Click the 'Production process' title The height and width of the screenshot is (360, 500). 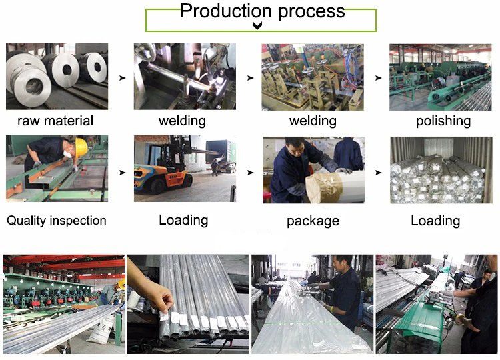(263, 11)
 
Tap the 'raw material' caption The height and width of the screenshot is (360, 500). (55, 121)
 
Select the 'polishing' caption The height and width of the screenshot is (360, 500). (443, 121)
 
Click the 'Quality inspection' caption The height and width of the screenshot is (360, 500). (57, 220)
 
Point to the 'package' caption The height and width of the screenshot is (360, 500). (313, 221)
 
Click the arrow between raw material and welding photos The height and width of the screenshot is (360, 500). (121, 78)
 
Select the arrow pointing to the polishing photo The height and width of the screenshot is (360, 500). (378, 78)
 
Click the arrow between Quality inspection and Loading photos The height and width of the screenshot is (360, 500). (121, 172)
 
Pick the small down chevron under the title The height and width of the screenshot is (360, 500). (257, 26)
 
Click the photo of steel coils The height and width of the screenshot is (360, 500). (57, 76)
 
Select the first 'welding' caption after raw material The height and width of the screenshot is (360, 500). (182, 121)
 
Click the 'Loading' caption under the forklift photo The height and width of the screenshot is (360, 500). (183, 220)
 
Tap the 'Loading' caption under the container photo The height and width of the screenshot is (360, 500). (435, 221)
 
